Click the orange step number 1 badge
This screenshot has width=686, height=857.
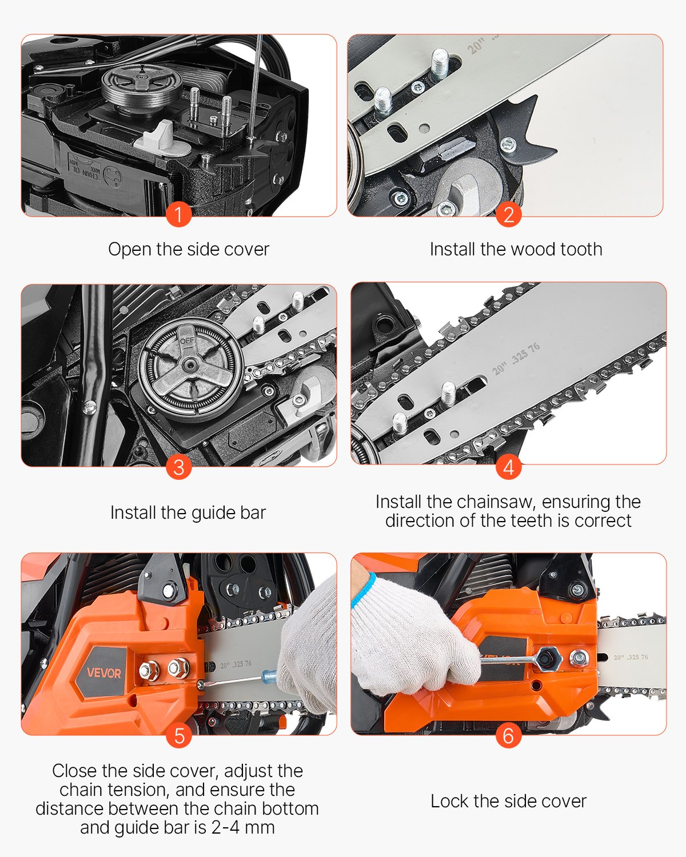point(178,215)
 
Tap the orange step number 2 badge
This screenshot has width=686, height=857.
point(508,215)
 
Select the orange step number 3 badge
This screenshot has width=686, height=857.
point(178,467)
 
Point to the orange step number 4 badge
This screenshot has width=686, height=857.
point(508,467)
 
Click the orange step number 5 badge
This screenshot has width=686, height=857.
point(178,735)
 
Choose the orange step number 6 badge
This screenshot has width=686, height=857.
point(508,735)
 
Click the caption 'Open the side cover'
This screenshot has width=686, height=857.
point(189,249)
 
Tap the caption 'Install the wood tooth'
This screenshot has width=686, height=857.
point(516,249)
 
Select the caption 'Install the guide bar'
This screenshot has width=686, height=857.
point(188,512)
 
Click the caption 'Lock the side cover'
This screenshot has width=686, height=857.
point(508,801)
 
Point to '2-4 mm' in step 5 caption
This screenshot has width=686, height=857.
point(243,827)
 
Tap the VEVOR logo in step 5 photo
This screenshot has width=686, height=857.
point(103,672)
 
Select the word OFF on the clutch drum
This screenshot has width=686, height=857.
point(187,341)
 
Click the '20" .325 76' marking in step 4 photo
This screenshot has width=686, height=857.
point(516,359)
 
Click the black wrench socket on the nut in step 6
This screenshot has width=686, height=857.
point(549,660)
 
